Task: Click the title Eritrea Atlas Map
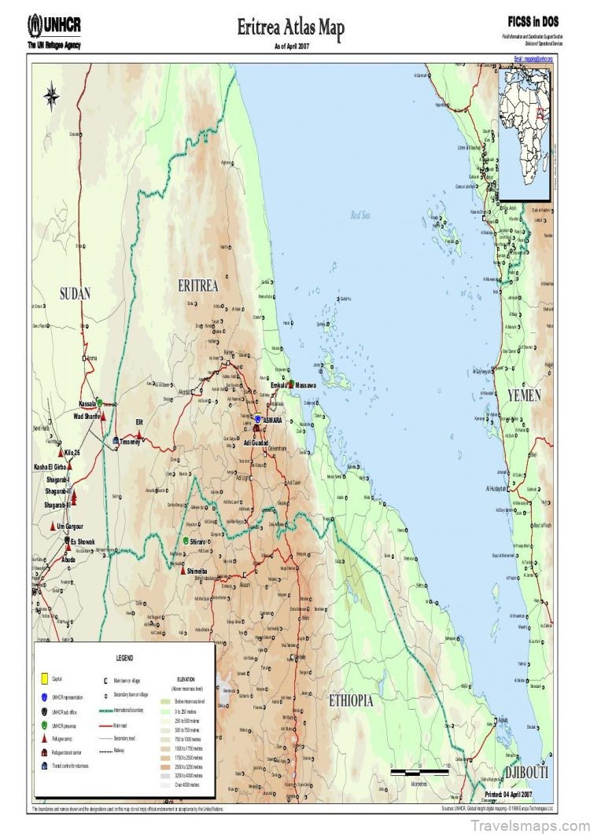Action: click(x=291, y=29)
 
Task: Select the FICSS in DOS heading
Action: click(x=533, y=23)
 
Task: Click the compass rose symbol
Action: click(x=52, y=97)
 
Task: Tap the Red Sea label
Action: click(x=360, y=215)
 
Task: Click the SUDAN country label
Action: click(x=76, y=294)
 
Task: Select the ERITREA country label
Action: click(x=197, y=285)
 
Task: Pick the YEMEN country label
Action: click(x=523, y=395)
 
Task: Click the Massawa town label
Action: click(x=305, y=385)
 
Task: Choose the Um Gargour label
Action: click(x=70, y=526)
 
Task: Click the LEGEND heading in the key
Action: click(x=124, y=658)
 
